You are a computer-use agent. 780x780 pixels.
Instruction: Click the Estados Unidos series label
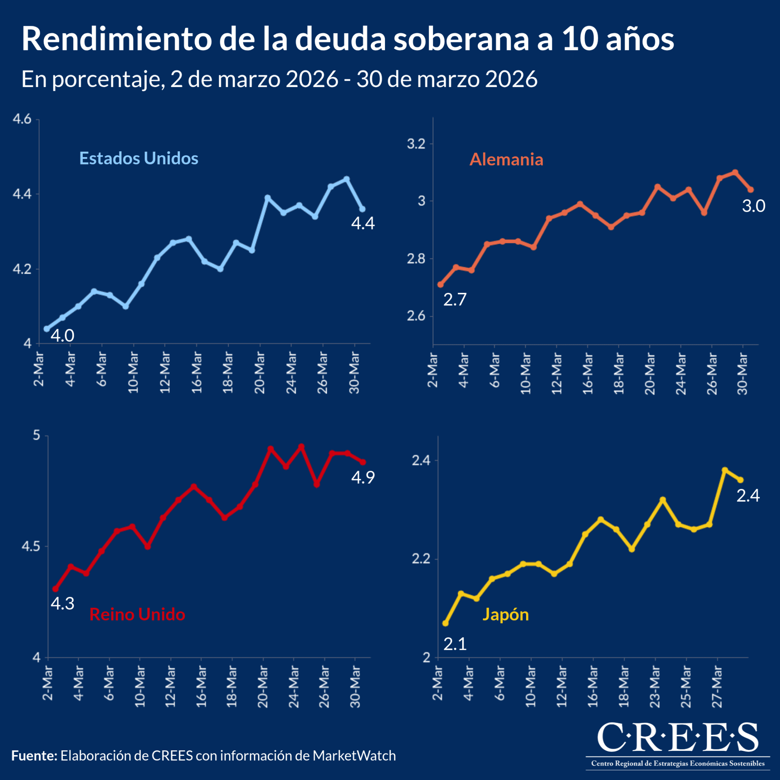click(x=138, y=158)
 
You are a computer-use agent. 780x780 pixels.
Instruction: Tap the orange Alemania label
click(x=506, y=160)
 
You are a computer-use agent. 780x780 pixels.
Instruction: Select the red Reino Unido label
click(x=137, y=614)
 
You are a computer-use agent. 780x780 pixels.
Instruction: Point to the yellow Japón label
click(x=505, y=614)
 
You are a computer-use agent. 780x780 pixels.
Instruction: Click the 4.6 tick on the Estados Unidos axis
click(x=22, y=119)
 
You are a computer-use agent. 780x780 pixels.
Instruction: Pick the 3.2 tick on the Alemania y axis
click(x=416, y=144)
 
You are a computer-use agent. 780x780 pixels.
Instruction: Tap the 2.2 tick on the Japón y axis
click(x=421, y=559)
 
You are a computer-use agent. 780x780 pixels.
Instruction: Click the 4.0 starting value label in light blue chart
click(x=62, y=336)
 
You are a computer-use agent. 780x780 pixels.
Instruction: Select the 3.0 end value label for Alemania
click(x=753, y=206)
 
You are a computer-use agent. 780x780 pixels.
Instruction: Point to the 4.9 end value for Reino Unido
click(x=363, y=478)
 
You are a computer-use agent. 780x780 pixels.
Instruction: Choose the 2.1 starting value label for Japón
click(x=455, y=644)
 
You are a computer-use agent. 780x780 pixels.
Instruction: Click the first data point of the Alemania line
click(x=440, y=285)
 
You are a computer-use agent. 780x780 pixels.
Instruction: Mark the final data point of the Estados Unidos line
click(x=362, y=209)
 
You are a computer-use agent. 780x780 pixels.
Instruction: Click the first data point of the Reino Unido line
click(x=56, y=589)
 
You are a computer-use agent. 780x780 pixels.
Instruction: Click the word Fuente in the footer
click(x=34, y=755)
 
